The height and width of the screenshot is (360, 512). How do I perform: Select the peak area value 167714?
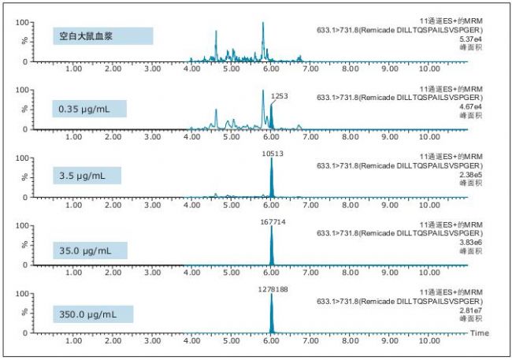click(272, 221)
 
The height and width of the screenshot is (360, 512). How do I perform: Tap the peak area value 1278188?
click(272, 289)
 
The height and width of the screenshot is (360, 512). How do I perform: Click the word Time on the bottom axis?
click(480, 334)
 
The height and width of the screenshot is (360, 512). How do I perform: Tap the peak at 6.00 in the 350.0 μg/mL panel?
click(271, 315)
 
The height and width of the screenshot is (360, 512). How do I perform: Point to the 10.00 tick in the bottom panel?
click(429, 342)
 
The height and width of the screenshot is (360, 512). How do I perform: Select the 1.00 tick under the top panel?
click(73, 70)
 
